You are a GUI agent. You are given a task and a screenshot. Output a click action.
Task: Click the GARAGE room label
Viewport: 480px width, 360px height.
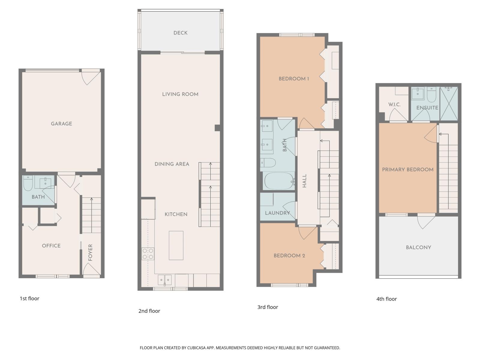61,124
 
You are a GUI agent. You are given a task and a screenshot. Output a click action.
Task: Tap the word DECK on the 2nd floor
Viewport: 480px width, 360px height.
180,33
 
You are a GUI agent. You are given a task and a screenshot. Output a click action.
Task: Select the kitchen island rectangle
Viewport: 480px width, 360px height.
176,245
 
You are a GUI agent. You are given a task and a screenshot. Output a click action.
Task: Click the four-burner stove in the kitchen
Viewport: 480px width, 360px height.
148,254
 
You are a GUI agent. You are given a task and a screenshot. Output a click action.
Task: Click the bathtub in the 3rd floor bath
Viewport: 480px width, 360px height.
279,181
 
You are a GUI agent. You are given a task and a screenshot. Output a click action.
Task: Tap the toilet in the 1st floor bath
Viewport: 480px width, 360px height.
28,183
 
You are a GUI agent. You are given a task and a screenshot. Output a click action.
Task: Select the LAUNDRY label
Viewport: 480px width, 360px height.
277,213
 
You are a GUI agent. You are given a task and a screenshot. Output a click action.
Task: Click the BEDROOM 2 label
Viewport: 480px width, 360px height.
289,256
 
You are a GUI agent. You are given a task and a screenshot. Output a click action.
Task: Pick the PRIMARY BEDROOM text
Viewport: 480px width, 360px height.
407,169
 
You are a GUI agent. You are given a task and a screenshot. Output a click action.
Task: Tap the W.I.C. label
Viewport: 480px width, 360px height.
394,104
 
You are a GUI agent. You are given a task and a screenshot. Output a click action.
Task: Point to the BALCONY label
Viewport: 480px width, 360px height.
418,247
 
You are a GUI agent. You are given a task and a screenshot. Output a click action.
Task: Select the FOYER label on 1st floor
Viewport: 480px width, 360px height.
90,252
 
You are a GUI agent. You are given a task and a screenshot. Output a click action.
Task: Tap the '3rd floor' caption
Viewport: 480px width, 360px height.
268,307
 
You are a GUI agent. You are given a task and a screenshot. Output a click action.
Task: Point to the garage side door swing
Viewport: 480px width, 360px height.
90,77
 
